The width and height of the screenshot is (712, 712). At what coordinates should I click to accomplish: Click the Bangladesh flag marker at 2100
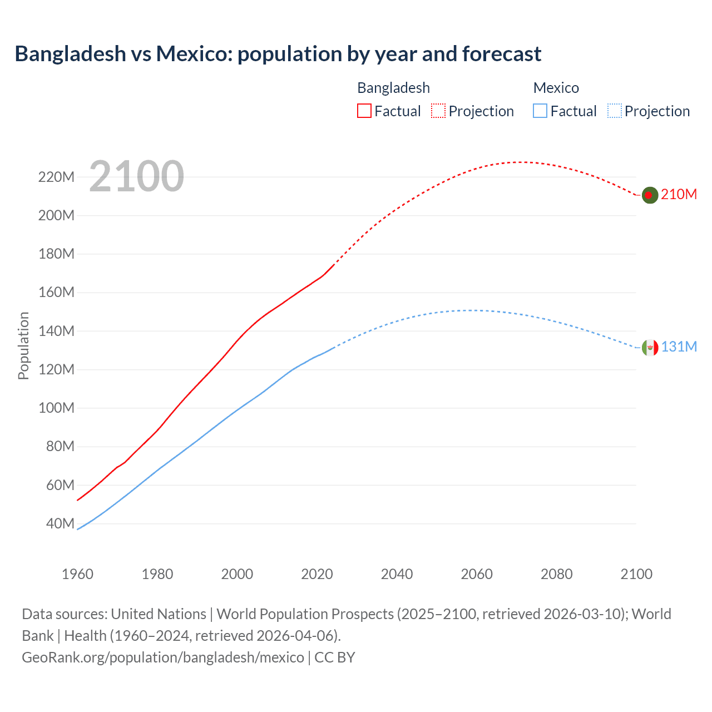tap(650, 195)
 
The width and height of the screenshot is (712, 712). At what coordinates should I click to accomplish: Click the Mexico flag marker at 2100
tap(650, 348)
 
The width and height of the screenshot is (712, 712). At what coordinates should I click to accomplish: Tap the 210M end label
tap(679, 194)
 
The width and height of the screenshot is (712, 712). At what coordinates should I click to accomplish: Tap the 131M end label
tap(679, 347)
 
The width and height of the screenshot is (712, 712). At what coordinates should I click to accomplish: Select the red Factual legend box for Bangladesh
tap(364, 111)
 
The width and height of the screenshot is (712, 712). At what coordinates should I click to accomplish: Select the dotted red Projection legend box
tap(438, 111)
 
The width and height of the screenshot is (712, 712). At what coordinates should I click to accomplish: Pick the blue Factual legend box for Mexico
tap(540, 111)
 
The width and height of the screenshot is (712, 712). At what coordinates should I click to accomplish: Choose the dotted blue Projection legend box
tap(614, 111)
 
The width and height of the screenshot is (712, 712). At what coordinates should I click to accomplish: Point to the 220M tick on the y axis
tap(56, 177)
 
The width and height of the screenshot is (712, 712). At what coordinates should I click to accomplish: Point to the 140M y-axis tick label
tap(56, 331)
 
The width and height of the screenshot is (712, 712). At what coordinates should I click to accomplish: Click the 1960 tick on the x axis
tap(77, 573)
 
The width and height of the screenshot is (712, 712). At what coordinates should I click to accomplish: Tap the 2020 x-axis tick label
tap(317, 573)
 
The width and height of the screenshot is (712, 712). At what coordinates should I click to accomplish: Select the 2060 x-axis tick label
tap(477, 573)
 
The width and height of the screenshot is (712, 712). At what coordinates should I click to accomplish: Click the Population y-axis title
tap(23, 345)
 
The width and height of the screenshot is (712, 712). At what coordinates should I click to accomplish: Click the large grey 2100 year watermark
tap(136, 176)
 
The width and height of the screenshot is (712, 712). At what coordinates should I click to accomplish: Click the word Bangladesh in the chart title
tap(71, 54)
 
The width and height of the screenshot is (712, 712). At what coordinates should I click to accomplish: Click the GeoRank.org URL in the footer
tap(163, 657)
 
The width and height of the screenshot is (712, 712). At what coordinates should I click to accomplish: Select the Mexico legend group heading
tap(556, 88)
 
